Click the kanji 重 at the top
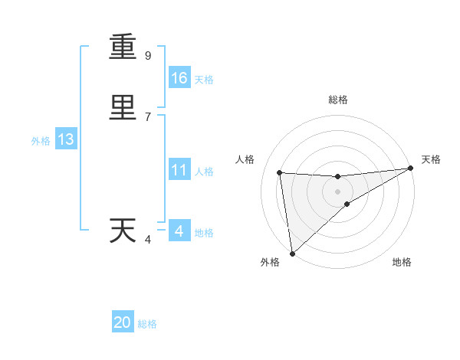123,47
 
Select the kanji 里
123,108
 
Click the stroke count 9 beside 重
148,56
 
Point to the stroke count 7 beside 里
148,117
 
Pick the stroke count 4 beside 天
148,240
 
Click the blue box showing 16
179,78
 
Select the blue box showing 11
179,170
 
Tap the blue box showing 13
65,139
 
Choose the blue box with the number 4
179,231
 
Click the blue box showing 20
123,322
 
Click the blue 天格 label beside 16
204,80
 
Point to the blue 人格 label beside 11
204,172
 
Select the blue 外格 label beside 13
41,141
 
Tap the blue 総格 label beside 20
147,324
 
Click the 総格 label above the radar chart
338,100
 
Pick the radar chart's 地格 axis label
402,262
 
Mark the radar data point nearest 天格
410,169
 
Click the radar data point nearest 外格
291,254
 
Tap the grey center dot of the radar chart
338,191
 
